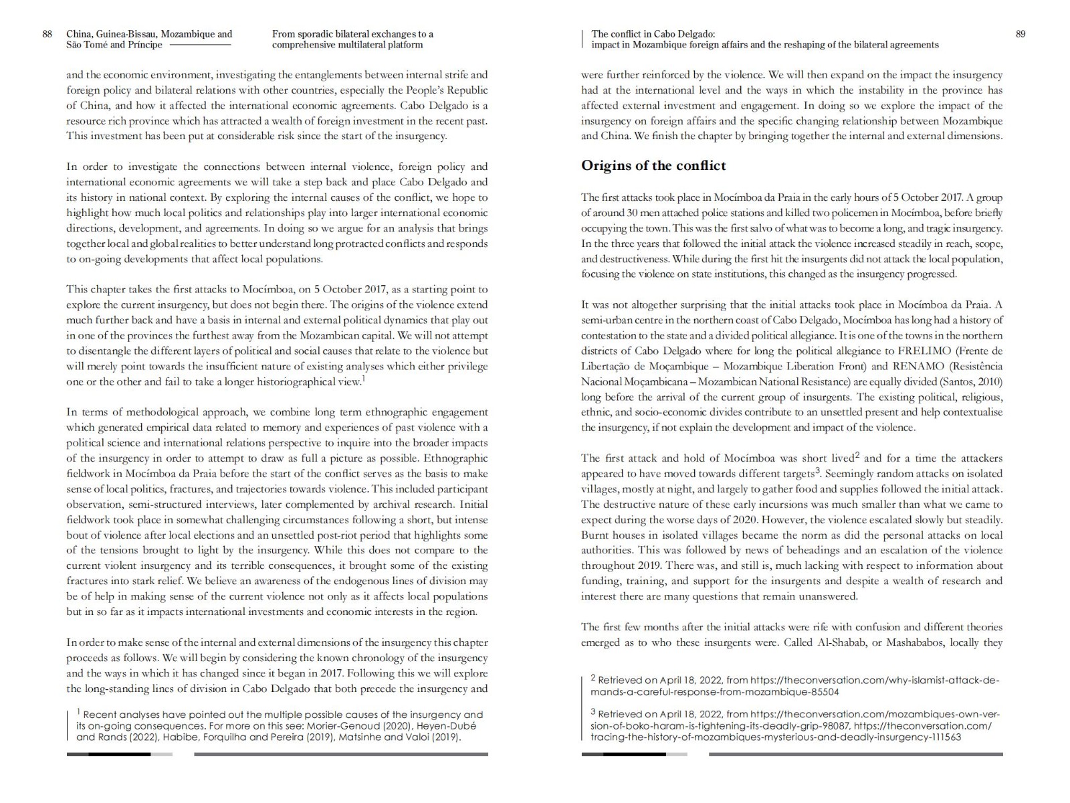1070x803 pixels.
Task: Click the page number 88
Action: point(47,34)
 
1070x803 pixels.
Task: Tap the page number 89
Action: point(1020,34)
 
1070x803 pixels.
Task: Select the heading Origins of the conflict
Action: point(653,166)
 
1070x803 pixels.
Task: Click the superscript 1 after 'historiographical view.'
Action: point(363,378)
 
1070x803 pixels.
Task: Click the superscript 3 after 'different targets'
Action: point(817,471)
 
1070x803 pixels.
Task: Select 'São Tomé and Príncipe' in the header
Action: point(114,45)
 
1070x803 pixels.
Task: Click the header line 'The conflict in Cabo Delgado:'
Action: point(653,33)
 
